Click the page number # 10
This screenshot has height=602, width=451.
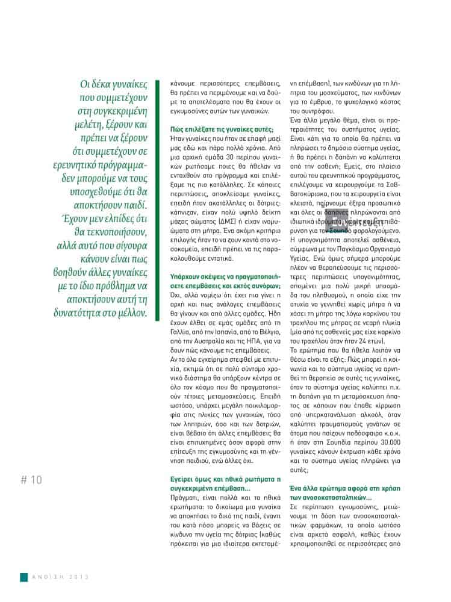point(31,480)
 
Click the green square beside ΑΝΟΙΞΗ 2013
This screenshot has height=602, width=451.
point(23,577)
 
